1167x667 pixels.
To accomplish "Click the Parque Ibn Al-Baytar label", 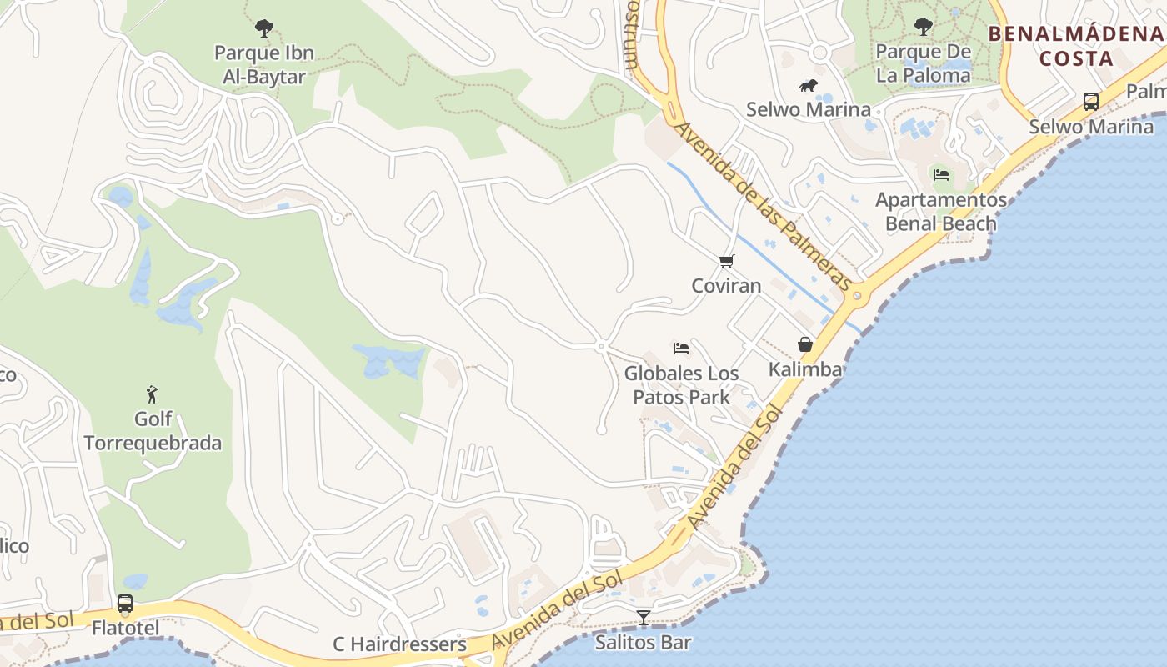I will click(x=264, y=65).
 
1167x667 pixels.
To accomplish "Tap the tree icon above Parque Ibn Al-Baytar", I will click(x=264, y=29).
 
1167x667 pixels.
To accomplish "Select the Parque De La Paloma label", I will click(x=923, y=63).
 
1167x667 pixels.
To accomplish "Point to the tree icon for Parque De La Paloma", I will click(x=923, y=28).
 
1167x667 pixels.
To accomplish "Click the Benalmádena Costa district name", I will click(x=1076, y=46).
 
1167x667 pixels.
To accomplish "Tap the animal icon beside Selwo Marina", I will click(x=808, y=86).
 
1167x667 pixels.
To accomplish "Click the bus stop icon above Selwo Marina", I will click(x=1090, y=102).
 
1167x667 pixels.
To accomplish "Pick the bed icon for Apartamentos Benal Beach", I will click(x=941, y=175).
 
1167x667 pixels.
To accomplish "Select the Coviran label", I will click(x=726, y=286).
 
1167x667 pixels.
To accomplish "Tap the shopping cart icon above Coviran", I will click(x=726, y=262).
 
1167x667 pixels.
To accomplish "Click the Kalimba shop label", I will click(x=805, y=369).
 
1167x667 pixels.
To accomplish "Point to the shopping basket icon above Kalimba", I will click(x=805, y=344).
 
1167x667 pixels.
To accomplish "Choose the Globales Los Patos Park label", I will click(x=681, y=385).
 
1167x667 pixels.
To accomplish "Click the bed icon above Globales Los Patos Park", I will click(x=681, y=349).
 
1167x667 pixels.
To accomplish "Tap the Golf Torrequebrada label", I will click(x=153, y=430).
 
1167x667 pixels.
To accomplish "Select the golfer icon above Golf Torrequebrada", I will click(x=152, y=394).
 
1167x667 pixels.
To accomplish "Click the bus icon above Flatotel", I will click(x=125, y=603).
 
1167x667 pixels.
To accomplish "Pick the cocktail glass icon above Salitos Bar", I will click(x=643, y=618).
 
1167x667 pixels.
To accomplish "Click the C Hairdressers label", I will click(x=399, y=644).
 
